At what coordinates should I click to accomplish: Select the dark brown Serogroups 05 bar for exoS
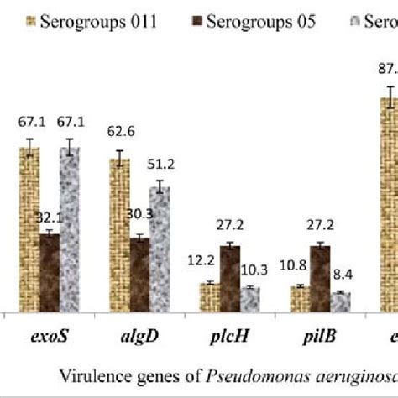point(50,272)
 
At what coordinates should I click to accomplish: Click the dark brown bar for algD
point(139,275)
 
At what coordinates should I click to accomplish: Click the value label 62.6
point(118,130)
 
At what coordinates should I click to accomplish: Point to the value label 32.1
point(50,218)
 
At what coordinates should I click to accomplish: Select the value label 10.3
point(250,269)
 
